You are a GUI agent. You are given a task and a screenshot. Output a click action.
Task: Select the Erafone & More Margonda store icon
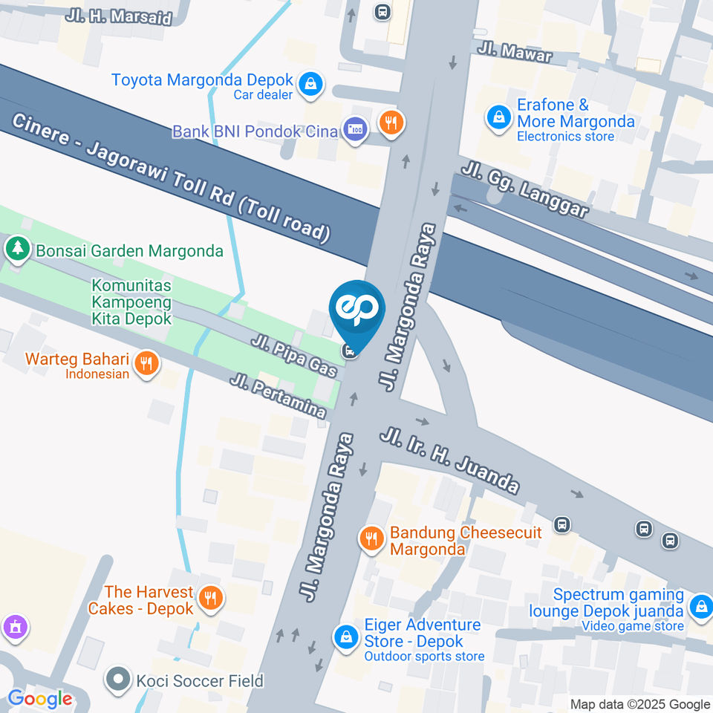[498, 117]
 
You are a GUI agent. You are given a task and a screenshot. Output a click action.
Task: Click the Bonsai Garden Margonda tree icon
[17, 250]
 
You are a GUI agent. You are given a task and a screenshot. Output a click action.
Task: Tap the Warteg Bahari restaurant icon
[147, 363]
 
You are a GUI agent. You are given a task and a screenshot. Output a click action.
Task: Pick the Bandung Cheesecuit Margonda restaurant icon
[371, 539]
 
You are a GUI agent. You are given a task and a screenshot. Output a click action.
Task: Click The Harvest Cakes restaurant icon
[212, 599]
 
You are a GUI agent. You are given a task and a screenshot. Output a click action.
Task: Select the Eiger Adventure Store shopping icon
[345, 636]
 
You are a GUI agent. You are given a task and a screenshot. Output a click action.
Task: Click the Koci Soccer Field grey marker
[117, 680]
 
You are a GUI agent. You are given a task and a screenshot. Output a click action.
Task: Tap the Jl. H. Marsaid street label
[119, 16]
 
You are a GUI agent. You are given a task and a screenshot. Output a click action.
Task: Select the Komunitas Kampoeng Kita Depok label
[131, 302]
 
